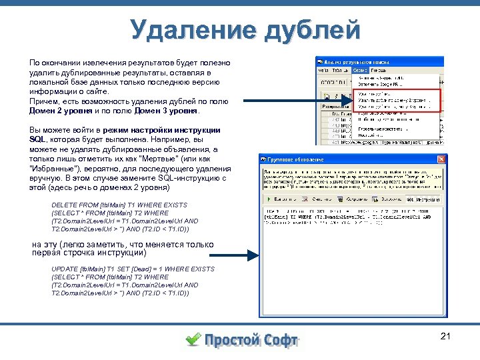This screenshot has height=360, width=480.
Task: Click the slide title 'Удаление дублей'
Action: [x=245, y=30]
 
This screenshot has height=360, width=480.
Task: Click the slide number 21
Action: [x=446, y=336]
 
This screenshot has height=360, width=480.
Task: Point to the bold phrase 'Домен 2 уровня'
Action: [x=61, y=111]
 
